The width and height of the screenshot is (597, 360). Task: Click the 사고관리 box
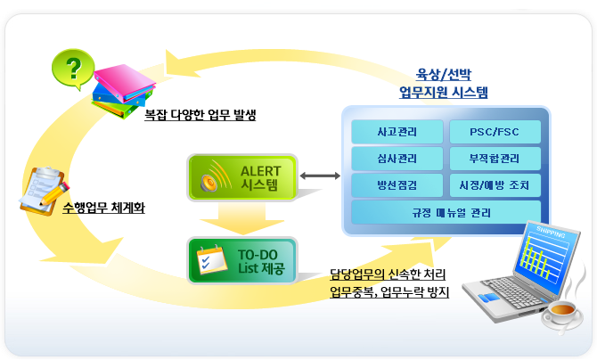[397, 133]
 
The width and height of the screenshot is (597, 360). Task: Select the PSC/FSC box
[494, 133]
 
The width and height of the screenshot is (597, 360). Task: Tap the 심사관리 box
[397, 160]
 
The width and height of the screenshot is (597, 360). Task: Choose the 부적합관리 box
[494, 160]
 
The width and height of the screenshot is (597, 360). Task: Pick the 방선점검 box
[397, 186]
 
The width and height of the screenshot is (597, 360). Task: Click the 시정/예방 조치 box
[494, 186]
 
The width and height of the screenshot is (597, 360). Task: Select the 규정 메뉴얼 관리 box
[446, 214]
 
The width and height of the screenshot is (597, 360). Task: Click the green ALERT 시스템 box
[241, 176]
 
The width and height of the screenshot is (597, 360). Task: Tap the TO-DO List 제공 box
[241, 259]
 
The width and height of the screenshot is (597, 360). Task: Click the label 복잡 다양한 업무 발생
[200, 115]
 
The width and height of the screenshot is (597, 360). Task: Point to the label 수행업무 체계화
[105, 209]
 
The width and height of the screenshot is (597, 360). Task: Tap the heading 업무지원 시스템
[443, 91]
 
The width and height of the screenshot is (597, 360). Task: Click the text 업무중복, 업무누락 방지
[388, 291]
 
